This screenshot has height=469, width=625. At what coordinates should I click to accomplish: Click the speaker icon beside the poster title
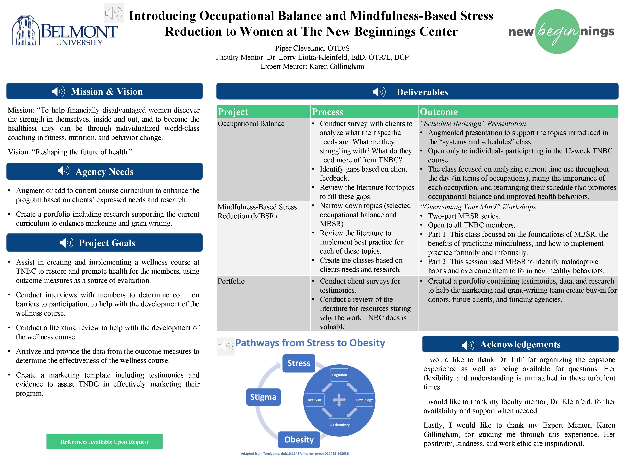click(114, 13)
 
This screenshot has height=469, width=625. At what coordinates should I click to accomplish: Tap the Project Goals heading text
click(107, 243)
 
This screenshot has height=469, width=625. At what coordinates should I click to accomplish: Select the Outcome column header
click(439, 112)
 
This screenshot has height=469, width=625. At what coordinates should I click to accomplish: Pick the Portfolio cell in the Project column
click(231, 281)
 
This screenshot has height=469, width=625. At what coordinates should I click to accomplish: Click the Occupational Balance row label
click(251, 124)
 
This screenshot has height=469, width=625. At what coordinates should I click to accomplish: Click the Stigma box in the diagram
click(263, 397)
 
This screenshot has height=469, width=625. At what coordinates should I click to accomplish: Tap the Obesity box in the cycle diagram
click(299, 440)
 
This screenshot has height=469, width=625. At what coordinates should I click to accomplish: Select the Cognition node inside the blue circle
click(339, 375)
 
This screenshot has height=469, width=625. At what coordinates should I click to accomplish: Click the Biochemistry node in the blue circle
click(339, 425)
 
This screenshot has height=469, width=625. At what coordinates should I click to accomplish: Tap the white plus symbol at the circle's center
click(339, 400)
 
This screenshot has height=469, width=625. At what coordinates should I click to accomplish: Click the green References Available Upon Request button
click(104, 441)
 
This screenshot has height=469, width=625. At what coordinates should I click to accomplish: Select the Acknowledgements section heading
click(520, 344)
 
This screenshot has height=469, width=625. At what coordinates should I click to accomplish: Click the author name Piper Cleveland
click(312, 48)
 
